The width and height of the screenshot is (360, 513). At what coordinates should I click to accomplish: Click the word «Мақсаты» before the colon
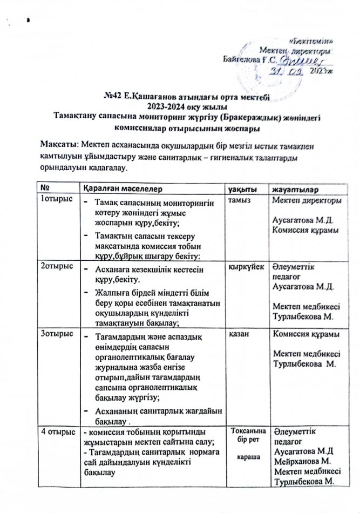pyautogui.click(x=59, y=145)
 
